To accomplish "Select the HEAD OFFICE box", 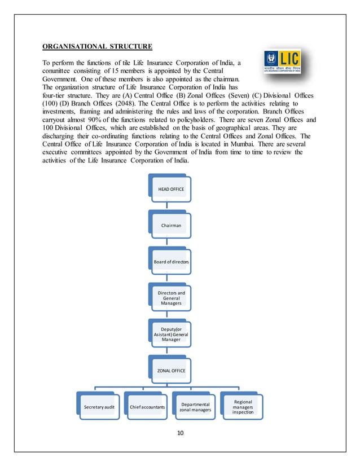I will click(x=170, y=188).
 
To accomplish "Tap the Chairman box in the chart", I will click(x=170, y=225).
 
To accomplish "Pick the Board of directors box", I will click(x=170, y=263).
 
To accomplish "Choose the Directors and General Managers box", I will click(x=170, y=298).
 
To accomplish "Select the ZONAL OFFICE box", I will click(x=170, y=370).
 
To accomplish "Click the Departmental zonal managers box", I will click(x=195, y=407).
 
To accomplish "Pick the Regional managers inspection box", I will click(x=243, y=406).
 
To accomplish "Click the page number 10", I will click(x=180, y=434).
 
